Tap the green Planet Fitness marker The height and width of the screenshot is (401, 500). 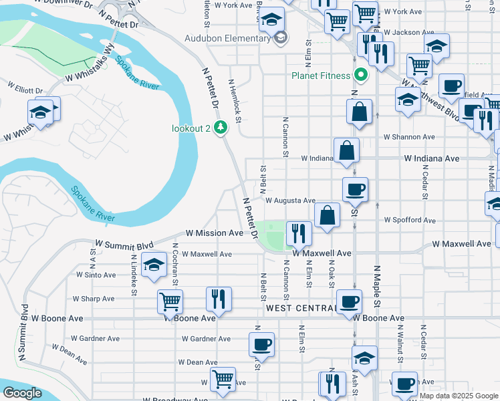pos(362,75)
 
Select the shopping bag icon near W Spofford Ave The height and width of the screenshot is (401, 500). pos(327,215)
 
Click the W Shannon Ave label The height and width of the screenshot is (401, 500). pos(408,137)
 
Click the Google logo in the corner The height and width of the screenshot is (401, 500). pos(21,393)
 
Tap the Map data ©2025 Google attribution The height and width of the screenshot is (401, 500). pos(458,396)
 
